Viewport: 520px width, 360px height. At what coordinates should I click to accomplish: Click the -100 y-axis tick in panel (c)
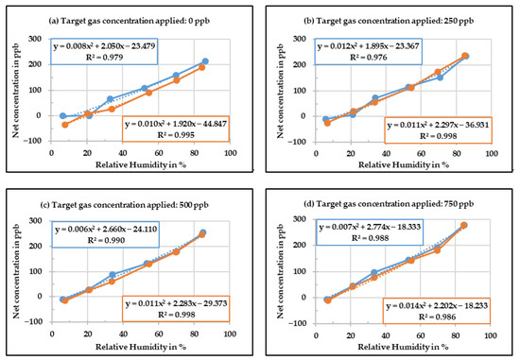[x=31, y=322]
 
